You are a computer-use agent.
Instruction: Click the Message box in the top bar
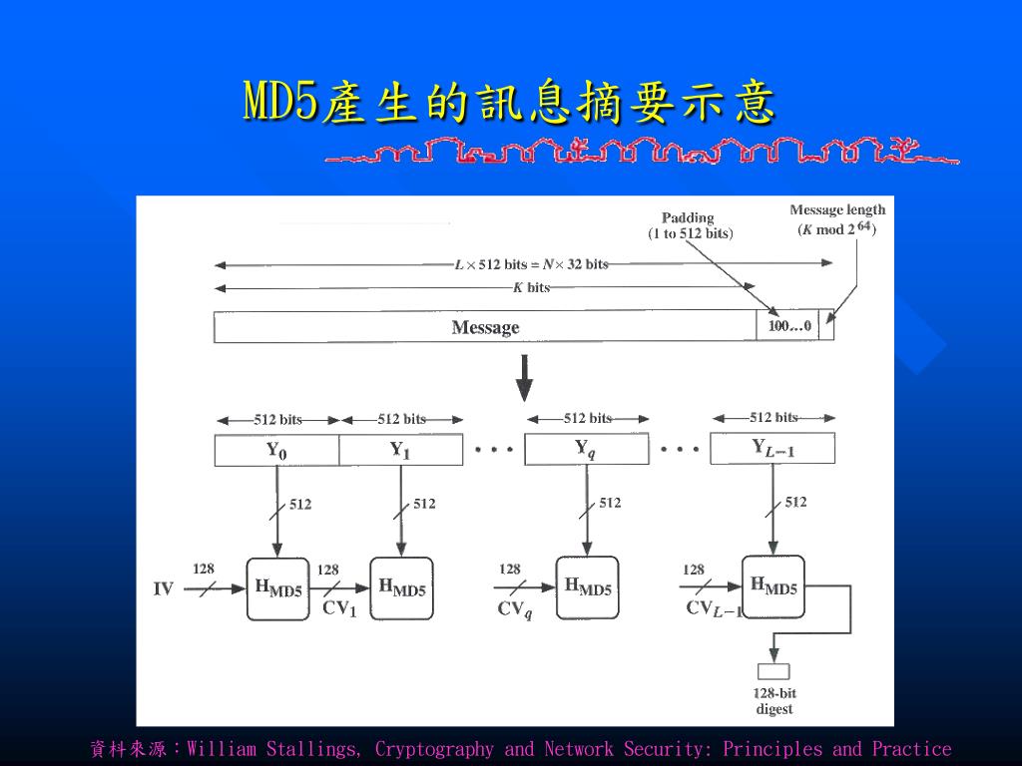point(485,327)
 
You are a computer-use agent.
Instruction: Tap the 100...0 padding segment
point(788,326)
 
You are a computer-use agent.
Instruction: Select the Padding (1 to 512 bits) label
point(690,225)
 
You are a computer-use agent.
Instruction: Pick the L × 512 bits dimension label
point(531,264)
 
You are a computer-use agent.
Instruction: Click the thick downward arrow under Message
point(523,377)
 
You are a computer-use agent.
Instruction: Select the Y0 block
point(276,450)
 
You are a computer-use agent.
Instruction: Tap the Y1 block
point(400,450)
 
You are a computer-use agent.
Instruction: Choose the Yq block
point(586,449)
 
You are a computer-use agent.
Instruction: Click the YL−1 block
point(773,449)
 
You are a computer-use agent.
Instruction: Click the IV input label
point(164,589)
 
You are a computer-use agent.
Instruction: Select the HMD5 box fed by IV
point(277,588)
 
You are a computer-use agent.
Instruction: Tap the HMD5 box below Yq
point(587,587)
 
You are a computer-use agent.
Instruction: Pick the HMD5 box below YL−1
point(773,586)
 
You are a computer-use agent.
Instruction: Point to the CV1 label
point(339,608)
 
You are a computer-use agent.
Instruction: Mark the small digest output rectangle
point(773,671)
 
